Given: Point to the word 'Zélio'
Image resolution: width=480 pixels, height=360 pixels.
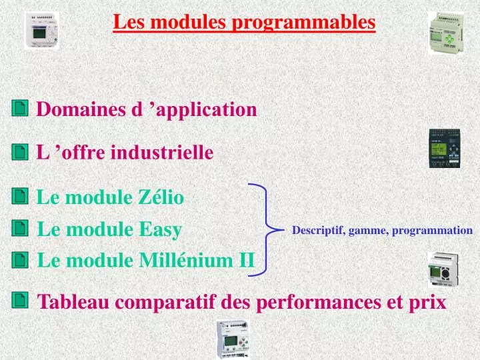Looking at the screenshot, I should [x=161, y=197].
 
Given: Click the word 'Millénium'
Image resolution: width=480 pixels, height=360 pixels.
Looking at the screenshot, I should [x=187, y=260].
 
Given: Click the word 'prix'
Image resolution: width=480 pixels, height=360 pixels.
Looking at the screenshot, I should [x=429, y=302].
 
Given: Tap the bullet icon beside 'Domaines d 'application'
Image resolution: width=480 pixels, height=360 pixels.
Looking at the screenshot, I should [x=20, y=109].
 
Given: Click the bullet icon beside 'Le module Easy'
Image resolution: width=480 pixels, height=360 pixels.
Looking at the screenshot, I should [x=20, y=229].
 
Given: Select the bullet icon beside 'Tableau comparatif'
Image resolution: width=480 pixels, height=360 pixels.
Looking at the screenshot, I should [x=20, y=301].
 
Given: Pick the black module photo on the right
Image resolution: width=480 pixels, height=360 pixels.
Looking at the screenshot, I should [x=444, y=148].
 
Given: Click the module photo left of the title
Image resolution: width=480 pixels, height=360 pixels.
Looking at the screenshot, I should [x=41, y=30].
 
